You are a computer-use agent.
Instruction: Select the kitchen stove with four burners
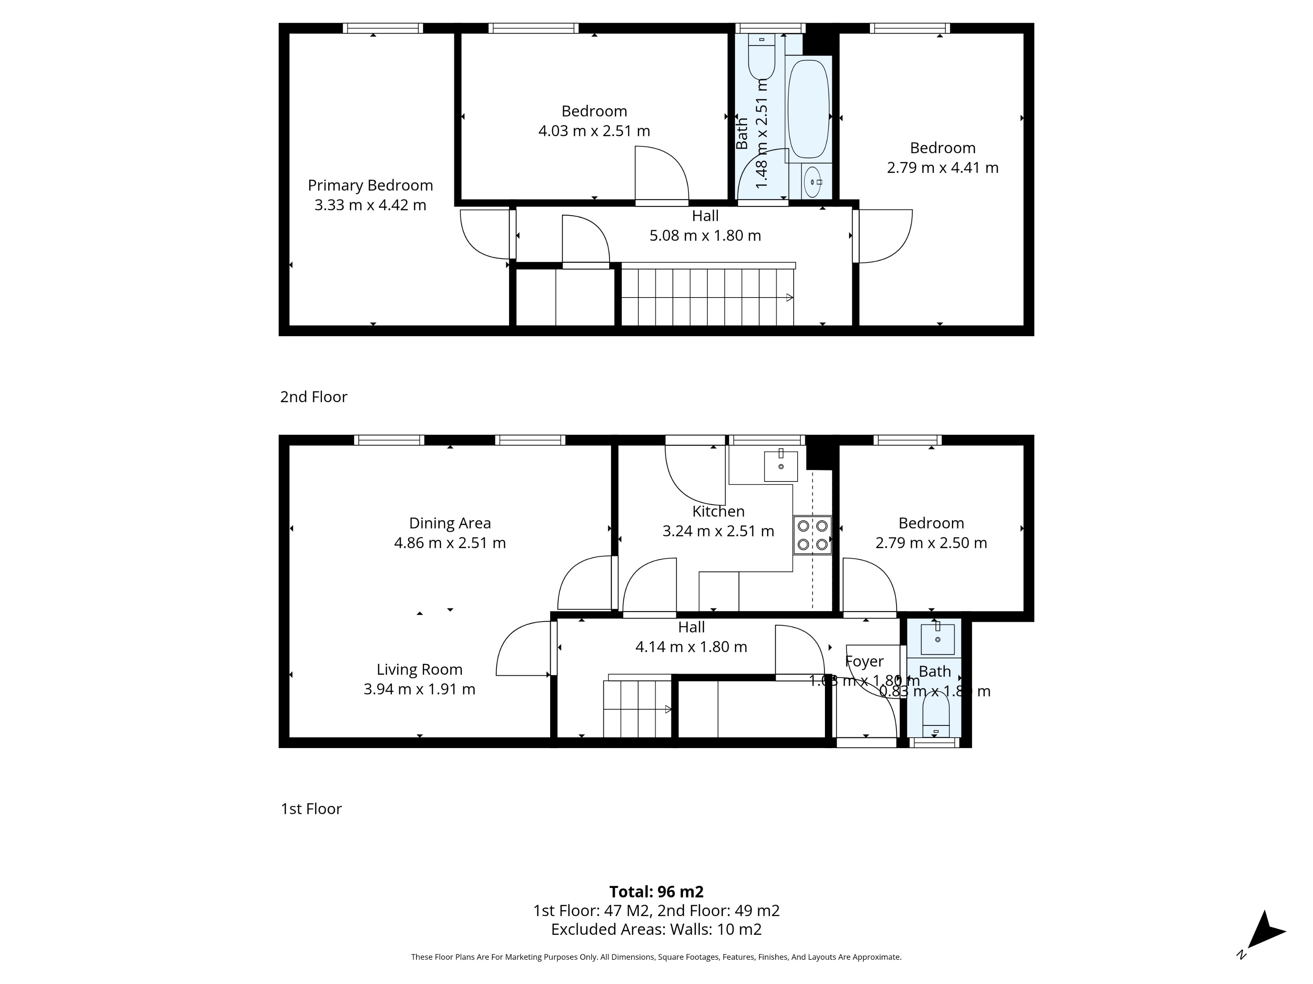812,535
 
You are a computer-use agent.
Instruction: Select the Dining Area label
449,523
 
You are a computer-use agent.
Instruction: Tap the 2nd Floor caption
313,397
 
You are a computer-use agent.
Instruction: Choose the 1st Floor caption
311,809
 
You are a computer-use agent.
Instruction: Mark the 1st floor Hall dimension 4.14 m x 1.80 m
691,647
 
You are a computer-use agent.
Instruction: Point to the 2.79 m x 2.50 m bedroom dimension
931,543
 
